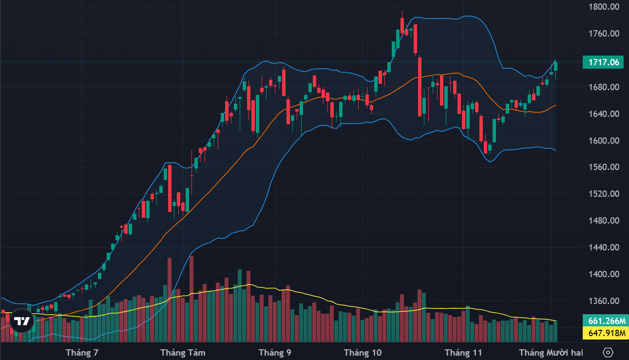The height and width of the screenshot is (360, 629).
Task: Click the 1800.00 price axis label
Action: (603, 7)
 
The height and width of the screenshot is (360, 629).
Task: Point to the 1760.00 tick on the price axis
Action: (603, 34)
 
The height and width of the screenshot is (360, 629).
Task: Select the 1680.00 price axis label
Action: (603, 88)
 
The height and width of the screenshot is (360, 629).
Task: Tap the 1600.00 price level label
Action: (603, 141)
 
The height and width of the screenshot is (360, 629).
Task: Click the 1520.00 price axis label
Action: (603, 194)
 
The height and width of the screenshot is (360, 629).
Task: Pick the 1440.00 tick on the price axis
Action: (603, 247)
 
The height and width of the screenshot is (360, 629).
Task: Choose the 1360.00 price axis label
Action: (603, 301)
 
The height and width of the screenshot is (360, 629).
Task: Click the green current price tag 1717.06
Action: (604, 62)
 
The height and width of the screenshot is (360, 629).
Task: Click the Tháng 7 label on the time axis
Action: (82, 352)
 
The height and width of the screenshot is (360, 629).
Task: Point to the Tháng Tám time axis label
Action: (183, 352)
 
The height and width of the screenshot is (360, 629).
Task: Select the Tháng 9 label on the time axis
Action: (275, 352)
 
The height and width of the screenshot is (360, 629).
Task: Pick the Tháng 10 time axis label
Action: (363, 352)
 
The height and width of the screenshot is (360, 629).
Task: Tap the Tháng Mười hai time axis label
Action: (551, 352)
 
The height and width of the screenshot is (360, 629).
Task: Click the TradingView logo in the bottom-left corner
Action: (22, 321)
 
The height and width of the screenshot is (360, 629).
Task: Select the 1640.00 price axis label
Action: (603, 114)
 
